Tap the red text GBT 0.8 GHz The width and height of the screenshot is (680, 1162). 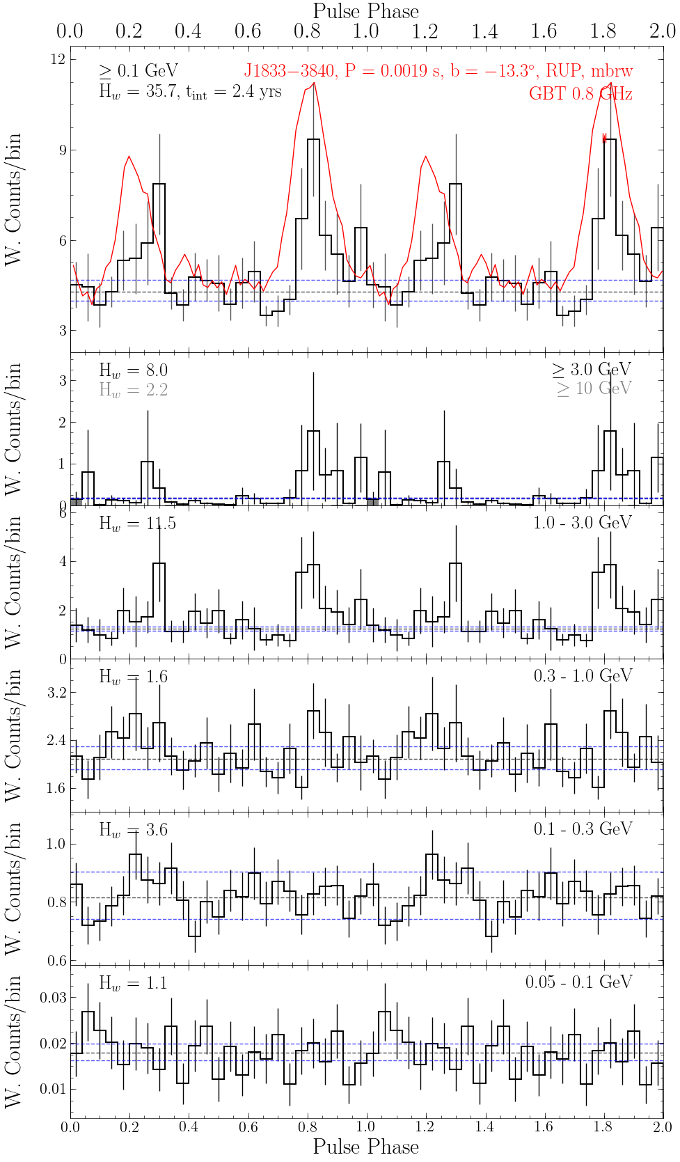(580, 94)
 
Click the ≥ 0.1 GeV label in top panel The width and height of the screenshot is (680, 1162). (139, 70)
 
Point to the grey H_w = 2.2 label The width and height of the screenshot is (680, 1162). (133, 390)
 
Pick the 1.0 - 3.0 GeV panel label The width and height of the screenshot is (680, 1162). (582, 523)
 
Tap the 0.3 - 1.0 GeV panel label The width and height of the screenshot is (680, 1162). (583, 676)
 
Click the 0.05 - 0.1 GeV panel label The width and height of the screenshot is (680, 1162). (578, 982)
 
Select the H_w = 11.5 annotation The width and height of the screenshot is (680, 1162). (137, 524)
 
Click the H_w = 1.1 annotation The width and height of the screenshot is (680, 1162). (133, 983)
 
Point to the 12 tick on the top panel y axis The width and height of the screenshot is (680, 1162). (58, 60)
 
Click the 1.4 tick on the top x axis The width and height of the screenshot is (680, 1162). (484, 31)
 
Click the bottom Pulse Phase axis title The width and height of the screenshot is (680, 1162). (366, 1147)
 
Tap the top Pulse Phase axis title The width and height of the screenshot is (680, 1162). (366, 11)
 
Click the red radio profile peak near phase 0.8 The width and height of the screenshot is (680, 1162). (314, 83)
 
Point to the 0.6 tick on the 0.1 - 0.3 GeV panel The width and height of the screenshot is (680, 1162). (56, 961)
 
